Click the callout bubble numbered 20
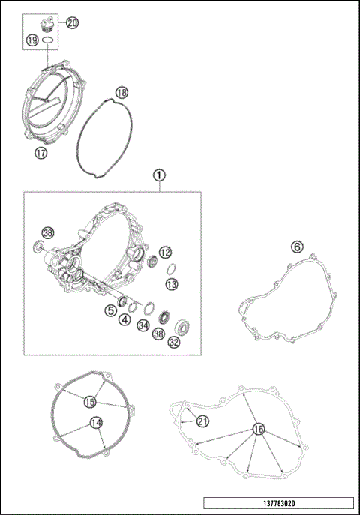point(71,23)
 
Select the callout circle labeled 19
point(33,41)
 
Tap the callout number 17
point(40,153)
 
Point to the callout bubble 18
point(121,93)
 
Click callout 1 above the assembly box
point(158,175)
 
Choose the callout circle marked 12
point(166,253)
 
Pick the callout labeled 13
point(172,284)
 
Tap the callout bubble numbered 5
point(110,310)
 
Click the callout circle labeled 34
point(142,325)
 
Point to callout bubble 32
point(174,343)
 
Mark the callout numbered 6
point(297,247)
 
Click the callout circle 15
point(91,402)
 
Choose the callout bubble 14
point(95,423)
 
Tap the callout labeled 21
point(202,421)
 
